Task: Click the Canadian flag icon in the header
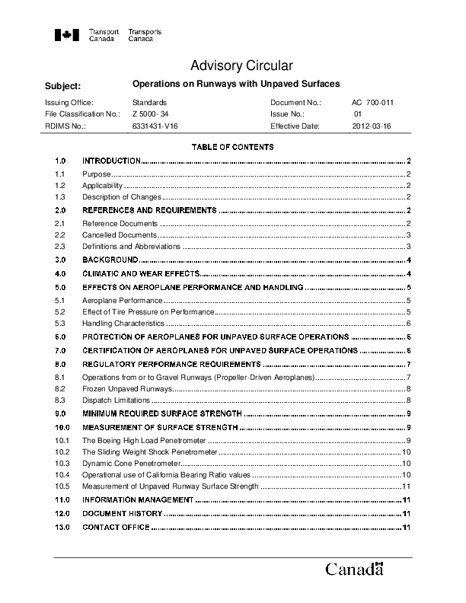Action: point(67,35)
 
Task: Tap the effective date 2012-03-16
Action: point(370,126)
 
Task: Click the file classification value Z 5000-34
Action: point(150,114)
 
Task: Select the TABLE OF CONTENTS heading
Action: point(233,146)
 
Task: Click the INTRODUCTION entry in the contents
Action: point(111,161)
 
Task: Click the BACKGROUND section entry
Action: point(110,260)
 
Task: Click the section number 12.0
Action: point(62,514)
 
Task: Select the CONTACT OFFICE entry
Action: point(116,528)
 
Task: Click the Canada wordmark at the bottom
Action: point(354,569)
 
